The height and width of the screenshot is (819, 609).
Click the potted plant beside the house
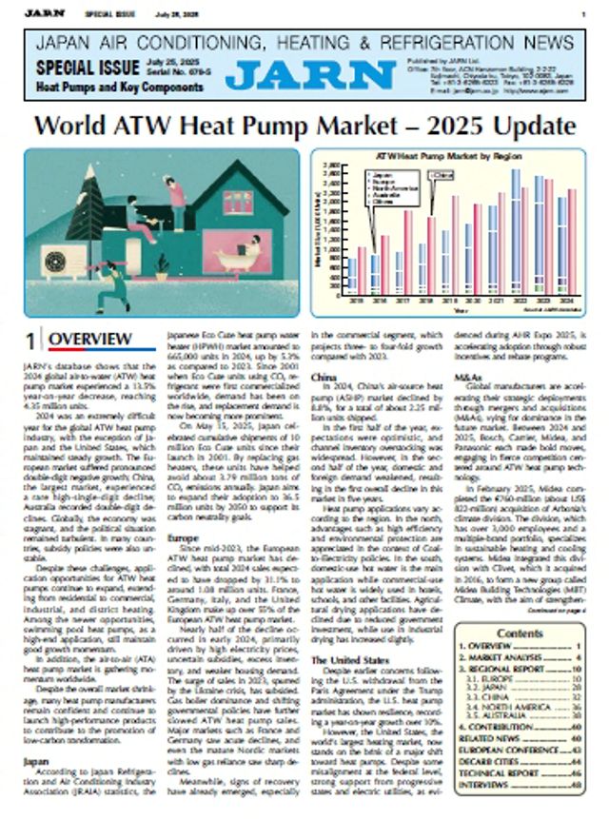click(x=163, y=267)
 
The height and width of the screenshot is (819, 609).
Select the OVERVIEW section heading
click(x=90, y=340)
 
